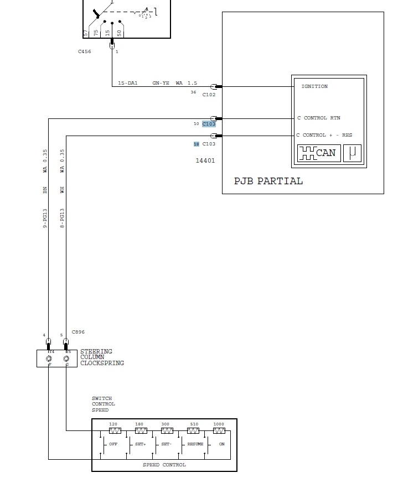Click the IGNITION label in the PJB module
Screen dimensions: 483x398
pyautogui.click(x=314, y=86)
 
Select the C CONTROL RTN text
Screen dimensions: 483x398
pyautogui.click(x=319, y=118)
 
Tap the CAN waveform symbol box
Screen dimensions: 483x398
pyautogui.click(x=318, y=153)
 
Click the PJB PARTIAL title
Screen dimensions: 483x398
pyautogui.click(x=268, y=181)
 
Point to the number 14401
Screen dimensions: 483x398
pyautogui.click(x=205, y=161)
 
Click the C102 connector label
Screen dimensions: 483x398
pyautogui.click(x=209, y=95)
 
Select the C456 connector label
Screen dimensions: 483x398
pyautogui.click(x=85, y=51)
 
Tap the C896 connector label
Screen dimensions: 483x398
pyautogui.click(x=78, y=332)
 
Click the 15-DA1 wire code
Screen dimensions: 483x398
pyautogui.click(x=128, y=83)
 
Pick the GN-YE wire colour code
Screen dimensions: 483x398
pyautogui.click(x=161, y=83)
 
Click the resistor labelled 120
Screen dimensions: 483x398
pyautogui.click(x=115, y=430)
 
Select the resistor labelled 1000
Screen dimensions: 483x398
pyautogui.click(x=219, y=430)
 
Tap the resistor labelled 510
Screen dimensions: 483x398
pyautogui.click(x=193, y=430)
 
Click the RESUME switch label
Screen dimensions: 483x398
pyautogui.click(x=195, y=444)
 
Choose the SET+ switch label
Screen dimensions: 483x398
pyautogui.click(x=140, y=444)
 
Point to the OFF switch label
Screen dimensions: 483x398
pyautogui.click(x=113, y=444)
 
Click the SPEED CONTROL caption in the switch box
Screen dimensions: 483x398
pyautogui.click(x=164, y=465)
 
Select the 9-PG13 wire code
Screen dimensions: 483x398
pyautogui.click(x=45, y=219)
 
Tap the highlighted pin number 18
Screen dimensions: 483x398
pyautogui.click(x=196, y=144)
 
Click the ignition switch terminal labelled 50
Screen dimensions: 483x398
pyautogui.click(x=119, y=33)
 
